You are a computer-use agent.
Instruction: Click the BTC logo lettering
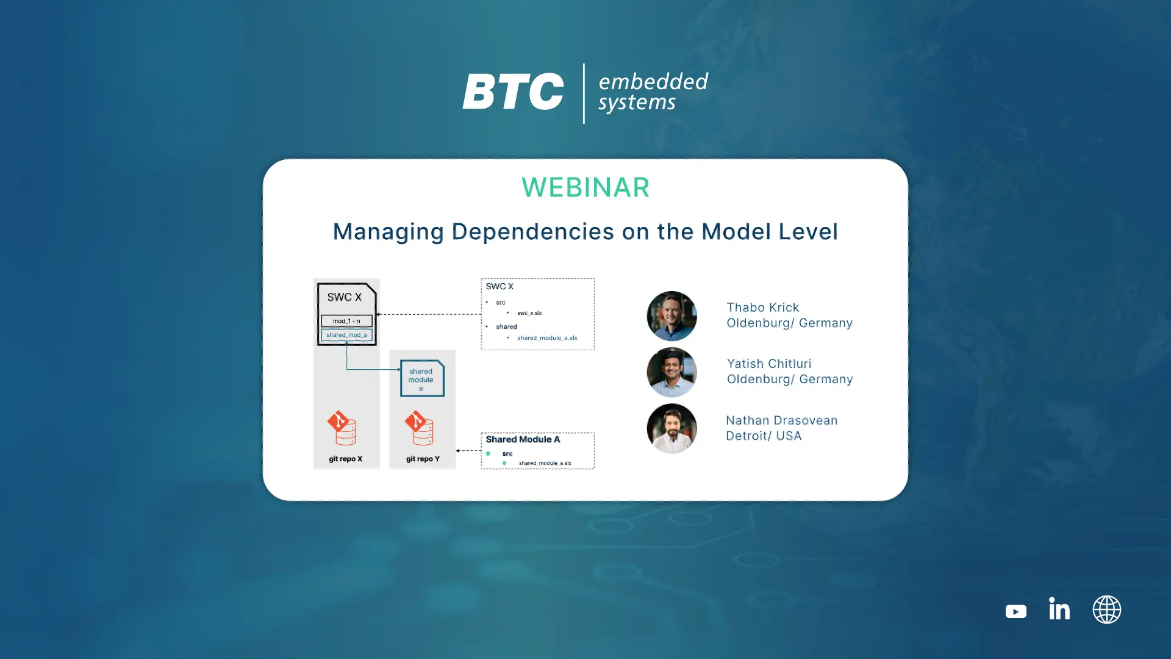point(513,92)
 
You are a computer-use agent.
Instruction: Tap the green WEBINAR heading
point(585,187)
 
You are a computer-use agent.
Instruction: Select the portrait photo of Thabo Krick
point(671,315)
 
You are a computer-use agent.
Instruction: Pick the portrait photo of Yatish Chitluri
point(671,372)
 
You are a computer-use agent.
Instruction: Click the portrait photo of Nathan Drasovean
point(671,428)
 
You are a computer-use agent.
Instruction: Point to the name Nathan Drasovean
point(781,420)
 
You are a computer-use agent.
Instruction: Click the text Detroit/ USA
point(764,436)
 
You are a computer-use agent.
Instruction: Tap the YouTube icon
point(1016,611)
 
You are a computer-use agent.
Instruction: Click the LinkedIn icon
point(1059,609)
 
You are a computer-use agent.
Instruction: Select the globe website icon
point(1107,610)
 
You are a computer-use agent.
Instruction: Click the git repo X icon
point(342,428)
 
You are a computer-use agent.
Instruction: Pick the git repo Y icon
point(420,428)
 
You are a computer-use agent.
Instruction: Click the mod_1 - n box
point(346,321)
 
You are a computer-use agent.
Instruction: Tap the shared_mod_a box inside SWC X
point(346,335)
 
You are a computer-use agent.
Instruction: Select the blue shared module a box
point(422,378)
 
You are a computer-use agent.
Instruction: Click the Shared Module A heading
point(523,439)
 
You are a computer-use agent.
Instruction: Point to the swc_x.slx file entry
point(529,313)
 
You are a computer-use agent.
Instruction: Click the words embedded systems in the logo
point(653,92)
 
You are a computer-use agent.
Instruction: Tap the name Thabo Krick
point(762,308)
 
